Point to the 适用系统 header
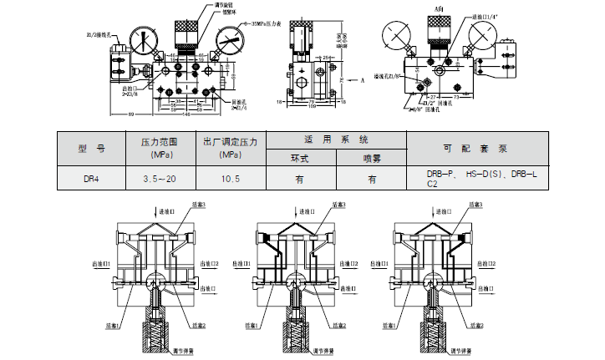pos(335,139)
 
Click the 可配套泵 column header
pos(474,149)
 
